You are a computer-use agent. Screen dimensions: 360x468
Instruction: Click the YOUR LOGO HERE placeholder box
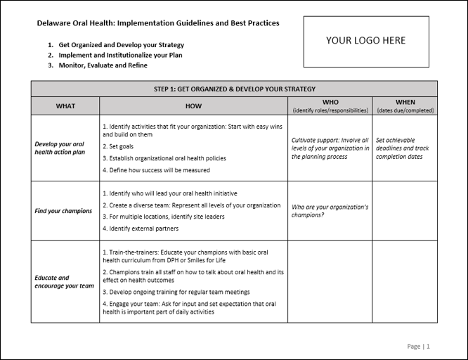click(x=365, y=41)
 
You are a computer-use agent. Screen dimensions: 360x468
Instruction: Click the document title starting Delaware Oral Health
click(x=157, y=23)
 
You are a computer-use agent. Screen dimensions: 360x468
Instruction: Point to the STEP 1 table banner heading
click(x=234, y=89)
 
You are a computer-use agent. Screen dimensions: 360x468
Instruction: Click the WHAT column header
click(x=65, y=106)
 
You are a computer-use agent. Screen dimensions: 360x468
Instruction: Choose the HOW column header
click(x=193, y=106)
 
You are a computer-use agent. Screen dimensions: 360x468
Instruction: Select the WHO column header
click(x=330, y=106)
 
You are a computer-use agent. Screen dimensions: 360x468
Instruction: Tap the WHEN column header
click(x=405, y=106)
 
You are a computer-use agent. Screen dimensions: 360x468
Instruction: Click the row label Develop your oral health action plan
click(x=65, y=148)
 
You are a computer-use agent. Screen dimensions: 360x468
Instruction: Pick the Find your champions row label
click(x=63, y=211)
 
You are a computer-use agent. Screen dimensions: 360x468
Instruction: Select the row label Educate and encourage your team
click(x=63, y=282)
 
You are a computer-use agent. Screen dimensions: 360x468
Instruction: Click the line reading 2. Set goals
click(x=118, y=147)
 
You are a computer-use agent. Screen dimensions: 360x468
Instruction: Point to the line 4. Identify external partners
click(x=141, y=229)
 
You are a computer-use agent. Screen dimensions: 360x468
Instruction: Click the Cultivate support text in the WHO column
click(x=330, y=148)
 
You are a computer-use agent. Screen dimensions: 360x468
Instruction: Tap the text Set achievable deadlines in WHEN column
click(x=403, y=148)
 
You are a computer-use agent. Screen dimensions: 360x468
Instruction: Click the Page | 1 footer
click(x=418, y=346)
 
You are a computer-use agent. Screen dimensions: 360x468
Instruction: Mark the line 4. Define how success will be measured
click(x=156, y=170)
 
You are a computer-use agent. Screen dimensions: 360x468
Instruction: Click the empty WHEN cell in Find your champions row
click(x=405, y=211)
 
